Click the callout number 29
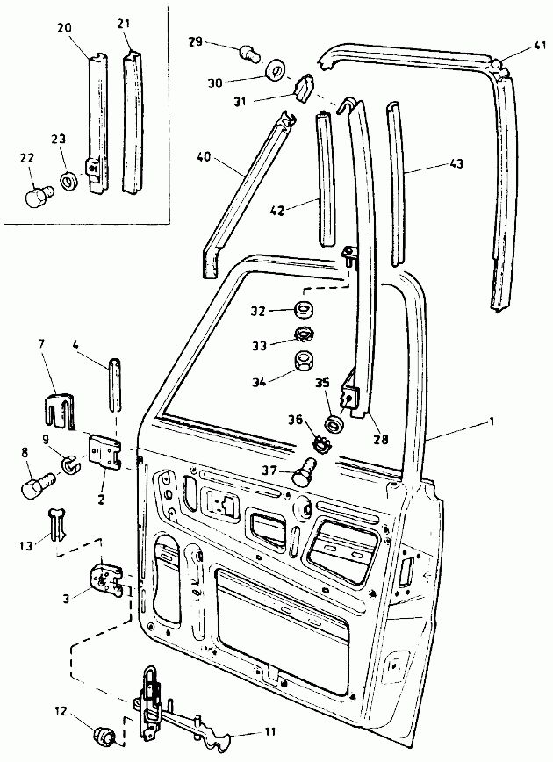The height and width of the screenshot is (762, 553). point(196,41)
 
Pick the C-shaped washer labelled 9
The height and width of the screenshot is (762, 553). point(70,464)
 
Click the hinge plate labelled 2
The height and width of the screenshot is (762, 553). point(104,452)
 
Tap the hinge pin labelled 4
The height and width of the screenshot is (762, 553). point(115,385)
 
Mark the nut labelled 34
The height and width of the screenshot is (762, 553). point(304,361)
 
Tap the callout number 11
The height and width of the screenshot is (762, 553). point(269,731)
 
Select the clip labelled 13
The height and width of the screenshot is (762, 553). point(57,524)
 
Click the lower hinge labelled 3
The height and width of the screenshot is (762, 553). point(106,579)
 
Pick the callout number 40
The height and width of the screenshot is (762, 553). point(205,158)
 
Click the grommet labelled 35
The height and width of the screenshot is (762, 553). point(334,423)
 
